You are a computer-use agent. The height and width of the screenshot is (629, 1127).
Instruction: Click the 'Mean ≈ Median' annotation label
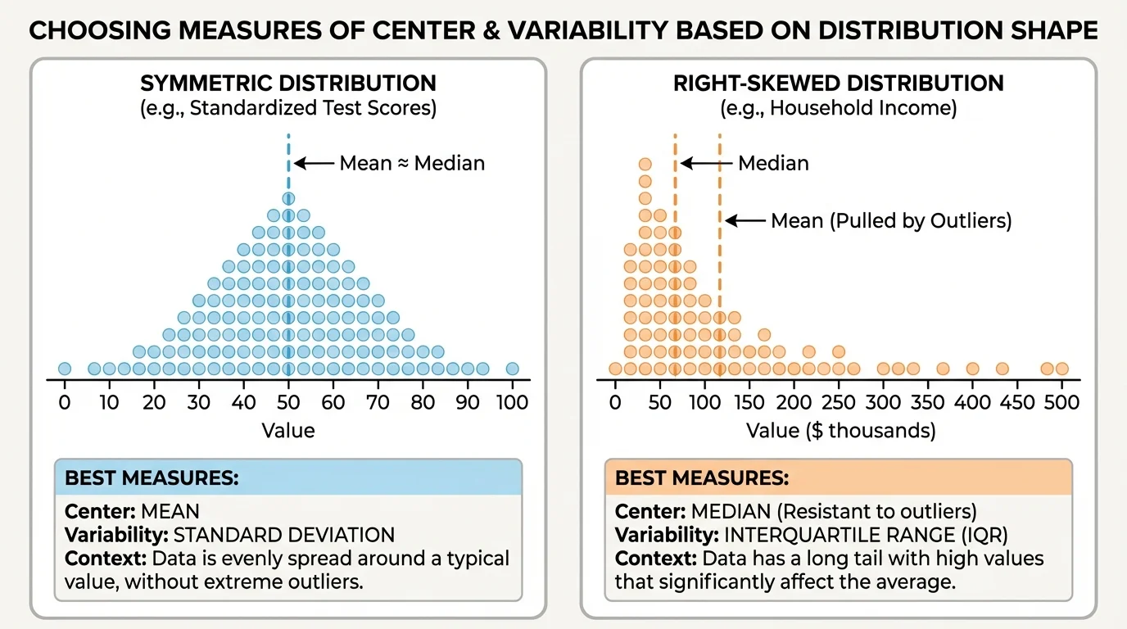click(x=412, y=163)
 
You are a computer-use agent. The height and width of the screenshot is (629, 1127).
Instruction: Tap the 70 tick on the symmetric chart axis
click(x=378, y=402)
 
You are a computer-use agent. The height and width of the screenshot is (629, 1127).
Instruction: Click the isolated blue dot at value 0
click(x=65, y=369)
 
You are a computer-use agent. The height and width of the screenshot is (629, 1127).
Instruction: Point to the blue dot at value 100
click(x=513, y=369)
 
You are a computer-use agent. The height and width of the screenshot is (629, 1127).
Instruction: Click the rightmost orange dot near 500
click(x=1061, y=369)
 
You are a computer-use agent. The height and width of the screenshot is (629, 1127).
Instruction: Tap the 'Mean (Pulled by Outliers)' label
click(x=891, y=220)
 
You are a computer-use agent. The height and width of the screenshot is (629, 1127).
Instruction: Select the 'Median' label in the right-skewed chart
click(x=773, y=163)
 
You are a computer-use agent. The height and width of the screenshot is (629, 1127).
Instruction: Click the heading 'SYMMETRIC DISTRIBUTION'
click(x=288, y=84)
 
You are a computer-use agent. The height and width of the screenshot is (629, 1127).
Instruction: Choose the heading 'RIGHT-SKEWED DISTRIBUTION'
click(x=838, y=84)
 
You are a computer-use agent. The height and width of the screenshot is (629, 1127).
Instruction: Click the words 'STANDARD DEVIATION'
click(x=268, y=536)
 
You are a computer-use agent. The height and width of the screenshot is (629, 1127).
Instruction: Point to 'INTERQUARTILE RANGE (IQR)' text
click(x=853, y=536)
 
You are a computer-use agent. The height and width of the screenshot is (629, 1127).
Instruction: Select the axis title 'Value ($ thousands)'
click(x=840, y=431)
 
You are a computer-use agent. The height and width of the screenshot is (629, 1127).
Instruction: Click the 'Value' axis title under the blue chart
click(x=287, y=431)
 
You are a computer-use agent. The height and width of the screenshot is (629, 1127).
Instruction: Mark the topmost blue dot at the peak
click(x=288, y=198)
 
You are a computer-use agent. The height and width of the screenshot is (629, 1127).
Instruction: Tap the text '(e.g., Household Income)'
click(x=838, y=108)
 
